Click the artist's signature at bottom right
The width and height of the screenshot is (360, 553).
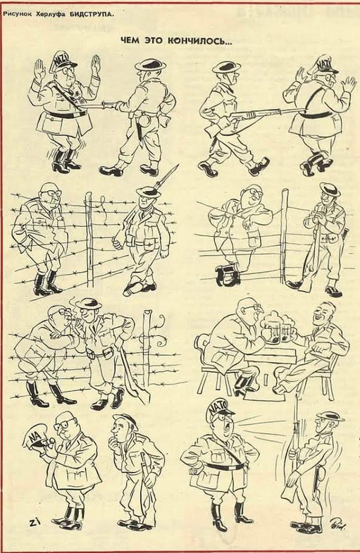click(x=338, y=523)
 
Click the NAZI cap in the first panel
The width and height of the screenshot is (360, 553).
click(x=63, y=61)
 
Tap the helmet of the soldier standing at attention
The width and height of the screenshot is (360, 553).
click(x=330, y=416)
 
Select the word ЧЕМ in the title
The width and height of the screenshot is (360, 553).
click(x=129, y=41)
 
